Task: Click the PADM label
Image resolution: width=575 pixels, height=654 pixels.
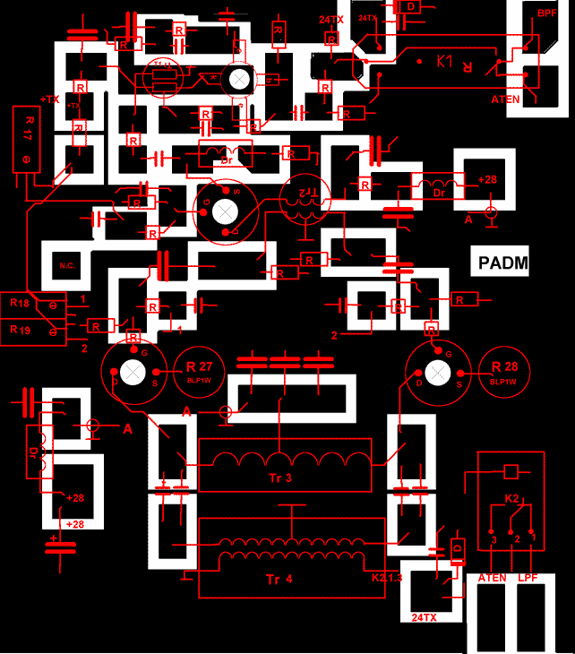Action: tap(502, 262)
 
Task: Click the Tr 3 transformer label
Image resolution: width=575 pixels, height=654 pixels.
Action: tap(281, 478)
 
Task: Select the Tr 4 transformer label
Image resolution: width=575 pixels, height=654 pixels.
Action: tap(279, 578)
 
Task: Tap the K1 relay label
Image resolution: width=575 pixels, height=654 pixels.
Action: tap(445, 62)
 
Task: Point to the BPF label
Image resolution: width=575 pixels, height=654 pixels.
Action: tap(546, 13)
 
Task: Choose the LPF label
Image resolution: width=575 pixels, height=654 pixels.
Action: tap(528, 579)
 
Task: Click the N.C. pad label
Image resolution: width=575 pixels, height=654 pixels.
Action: tap(67, 266)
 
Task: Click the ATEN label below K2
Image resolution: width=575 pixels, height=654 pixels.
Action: tap(493, 579)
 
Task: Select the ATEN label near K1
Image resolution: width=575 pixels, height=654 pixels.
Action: tap(505, 99)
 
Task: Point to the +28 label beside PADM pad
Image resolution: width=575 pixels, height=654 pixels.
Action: tap(487, 179)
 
